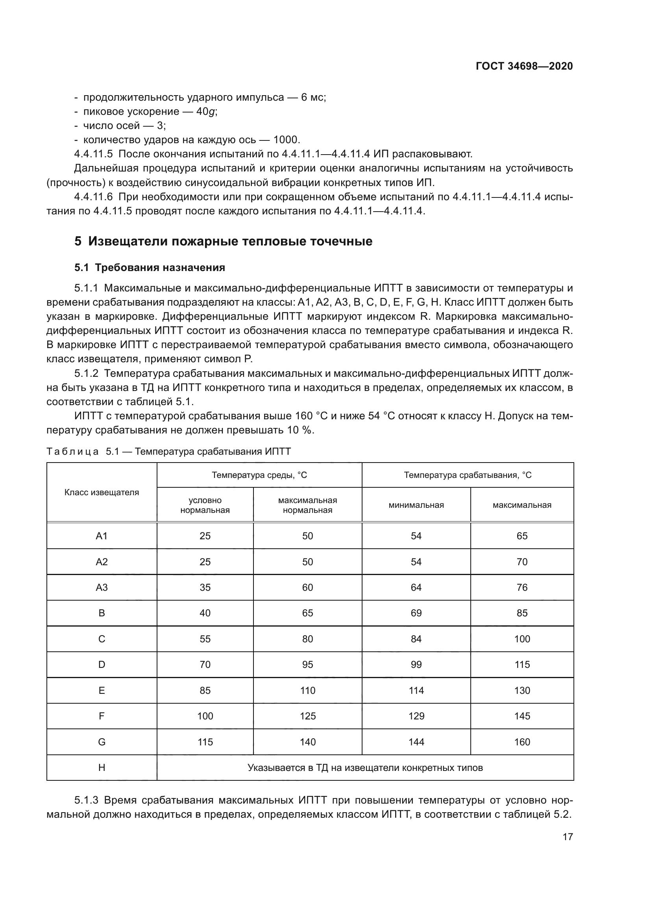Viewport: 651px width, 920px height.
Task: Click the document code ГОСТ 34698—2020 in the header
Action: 524,66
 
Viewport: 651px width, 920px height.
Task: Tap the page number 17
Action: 568,837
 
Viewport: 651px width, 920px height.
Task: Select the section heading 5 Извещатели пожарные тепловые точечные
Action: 223,241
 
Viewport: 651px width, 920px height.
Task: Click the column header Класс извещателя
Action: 102,492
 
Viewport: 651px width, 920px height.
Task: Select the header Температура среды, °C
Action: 259,475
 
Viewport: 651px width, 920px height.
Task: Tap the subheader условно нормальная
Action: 205,505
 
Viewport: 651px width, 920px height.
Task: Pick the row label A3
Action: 102,587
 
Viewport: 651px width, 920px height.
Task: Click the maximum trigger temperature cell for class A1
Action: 522,536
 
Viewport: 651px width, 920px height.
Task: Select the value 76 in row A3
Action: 522,587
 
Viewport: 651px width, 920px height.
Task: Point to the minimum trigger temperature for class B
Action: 416,613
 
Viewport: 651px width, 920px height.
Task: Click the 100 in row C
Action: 522,639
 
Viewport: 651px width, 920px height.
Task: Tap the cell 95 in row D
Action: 307,665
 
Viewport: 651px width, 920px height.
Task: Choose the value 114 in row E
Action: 416,690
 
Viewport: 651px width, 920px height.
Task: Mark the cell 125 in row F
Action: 307,716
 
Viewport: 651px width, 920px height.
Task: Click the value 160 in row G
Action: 522,742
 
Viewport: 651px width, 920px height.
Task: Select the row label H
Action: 102,768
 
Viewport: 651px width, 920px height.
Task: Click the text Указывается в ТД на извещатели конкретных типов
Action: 365,768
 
